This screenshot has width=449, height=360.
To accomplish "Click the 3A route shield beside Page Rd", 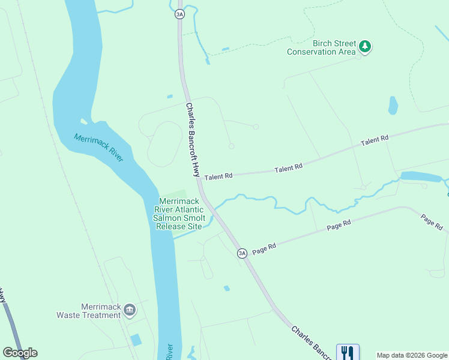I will [242, 253].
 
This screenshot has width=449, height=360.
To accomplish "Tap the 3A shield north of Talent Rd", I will [179, 14].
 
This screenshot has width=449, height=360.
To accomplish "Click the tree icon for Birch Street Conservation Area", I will [364, 46].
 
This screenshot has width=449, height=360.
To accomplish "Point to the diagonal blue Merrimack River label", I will [98, 147].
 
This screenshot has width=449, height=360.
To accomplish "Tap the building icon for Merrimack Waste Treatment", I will [130, 310].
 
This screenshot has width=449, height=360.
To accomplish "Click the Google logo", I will [20, 353].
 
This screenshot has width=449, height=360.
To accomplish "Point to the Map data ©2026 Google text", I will [412, 355].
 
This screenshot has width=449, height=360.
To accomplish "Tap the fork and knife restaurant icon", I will [347, 352].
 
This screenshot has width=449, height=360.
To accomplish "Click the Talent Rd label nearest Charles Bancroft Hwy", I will [218, 177].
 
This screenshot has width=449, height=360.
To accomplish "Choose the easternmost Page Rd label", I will [432, 223].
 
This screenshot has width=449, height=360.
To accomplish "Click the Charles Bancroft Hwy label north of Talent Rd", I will [192, 139].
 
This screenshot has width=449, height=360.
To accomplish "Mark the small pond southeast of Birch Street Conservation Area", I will [393, 105].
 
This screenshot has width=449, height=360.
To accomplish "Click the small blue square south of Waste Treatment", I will [136, 340].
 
